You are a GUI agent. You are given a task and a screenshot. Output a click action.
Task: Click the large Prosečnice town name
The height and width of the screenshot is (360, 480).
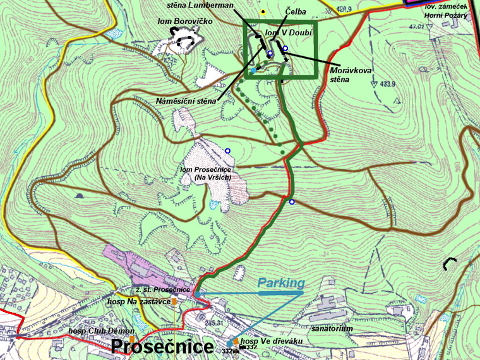pyautogui.click(x=162, y=347)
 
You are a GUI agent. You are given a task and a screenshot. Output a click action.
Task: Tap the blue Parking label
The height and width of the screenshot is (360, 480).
pyautogui.click(x=280, y=283)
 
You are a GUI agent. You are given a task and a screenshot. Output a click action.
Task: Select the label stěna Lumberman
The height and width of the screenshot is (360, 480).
pyautogui.click(x=200, y=5)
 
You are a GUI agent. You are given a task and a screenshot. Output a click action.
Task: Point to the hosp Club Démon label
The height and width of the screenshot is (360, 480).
pyautogui.click(x=101, y=331)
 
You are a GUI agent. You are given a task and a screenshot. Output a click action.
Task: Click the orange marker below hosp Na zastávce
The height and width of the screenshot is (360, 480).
pyautogui.click(x=174, y=302)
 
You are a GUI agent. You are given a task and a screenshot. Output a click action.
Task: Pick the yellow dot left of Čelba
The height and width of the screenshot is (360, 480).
pyautogui.click(x=263, y=11)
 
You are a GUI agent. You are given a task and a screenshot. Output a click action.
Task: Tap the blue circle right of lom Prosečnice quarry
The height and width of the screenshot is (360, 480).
pyautogui.click(x=227, y=150)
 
